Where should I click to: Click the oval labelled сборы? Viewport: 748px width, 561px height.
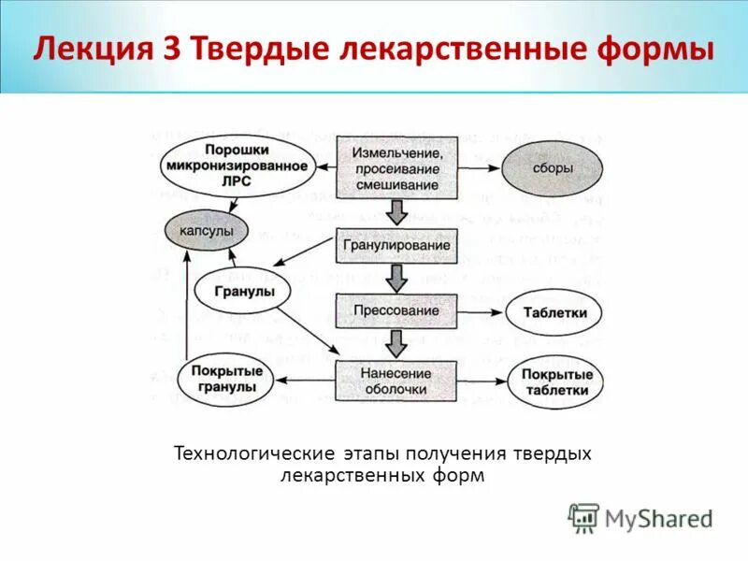pyautogui.click(x=551, y=169)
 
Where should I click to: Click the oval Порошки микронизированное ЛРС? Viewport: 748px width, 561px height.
pyautogui.click(x=237, y=165)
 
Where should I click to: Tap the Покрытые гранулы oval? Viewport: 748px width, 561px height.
pyautogui.click(x=227, y=379)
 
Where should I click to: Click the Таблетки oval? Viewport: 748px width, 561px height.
pyautogui.click(x=555, y=312)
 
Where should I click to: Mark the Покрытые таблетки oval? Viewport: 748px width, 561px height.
pyautogui.click(x=555, y=381)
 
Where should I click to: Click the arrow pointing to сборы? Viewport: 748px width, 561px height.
pyautogui.click(x=481, y=168)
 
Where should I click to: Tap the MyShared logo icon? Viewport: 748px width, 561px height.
pyautogui.click(x=583, y=517)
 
